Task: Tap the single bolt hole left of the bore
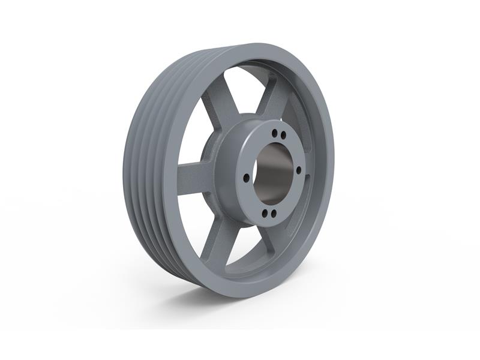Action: pyautogui.click(x=245, y=177)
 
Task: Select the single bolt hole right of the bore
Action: pyautogui.click(x=298, y=170)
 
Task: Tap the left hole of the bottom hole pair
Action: pyautogui.click(x=265, y=212)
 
